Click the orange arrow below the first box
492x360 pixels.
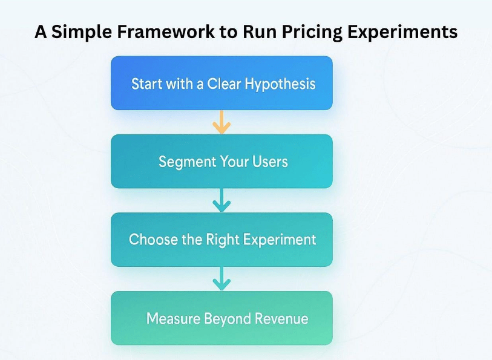[x=221, y=122]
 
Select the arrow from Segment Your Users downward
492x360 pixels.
[x=221, y=200]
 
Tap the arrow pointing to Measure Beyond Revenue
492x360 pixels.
[x=221, y=279]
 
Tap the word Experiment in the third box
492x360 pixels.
[x=280, y=240]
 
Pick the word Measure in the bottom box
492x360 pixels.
[x=173, y=318]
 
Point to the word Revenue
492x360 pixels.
[x=281, y=318]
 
